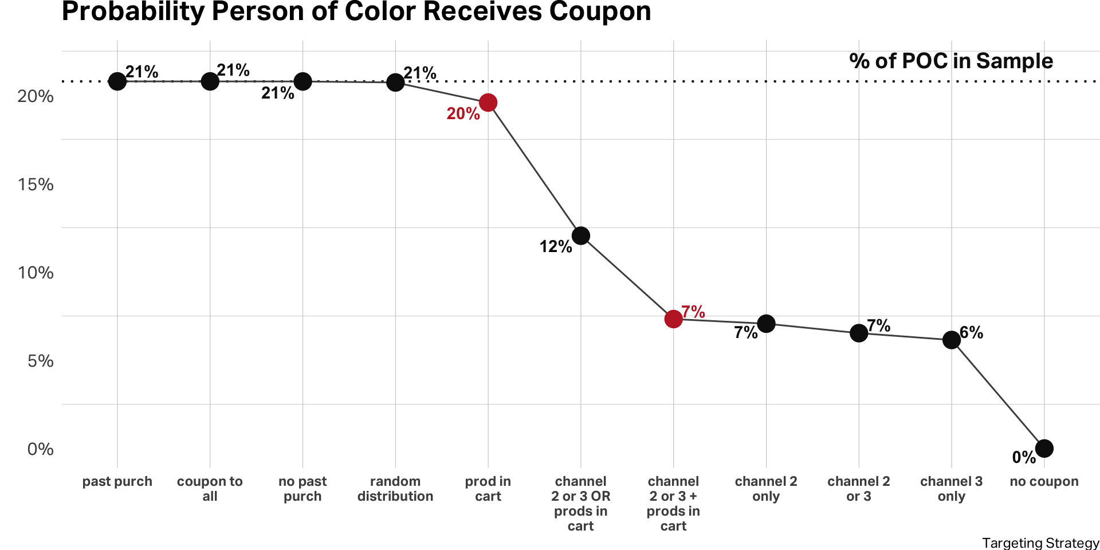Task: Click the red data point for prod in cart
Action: [488, 103]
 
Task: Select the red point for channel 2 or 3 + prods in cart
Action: [673, 319]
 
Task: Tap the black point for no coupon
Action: [1044, 449]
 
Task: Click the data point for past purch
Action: [117, 81]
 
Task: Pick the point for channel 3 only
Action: [951, 340]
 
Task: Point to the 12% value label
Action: [555, 247]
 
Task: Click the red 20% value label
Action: [463, 113]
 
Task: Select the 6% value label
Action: [971, 332]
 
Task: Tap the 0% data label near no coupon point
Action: [1024, 457]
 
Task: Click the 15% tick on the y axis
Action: [36, 184]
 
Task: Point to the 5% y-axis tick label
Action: [40, 361]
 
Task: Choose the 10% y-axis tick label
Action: [36, 273]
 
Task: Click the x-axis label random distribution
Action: [395, 489]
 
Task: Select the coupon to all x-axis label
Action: [210, 489]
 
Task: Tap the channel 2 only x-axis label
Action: [766, 489]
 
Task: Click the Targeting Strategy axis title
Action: [1040, 543]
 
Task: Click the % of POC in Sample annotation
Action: [951, 61]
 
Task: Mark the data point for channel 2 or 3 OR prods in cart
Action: [580, 235]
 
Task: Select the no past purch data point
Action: [302, 81]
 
